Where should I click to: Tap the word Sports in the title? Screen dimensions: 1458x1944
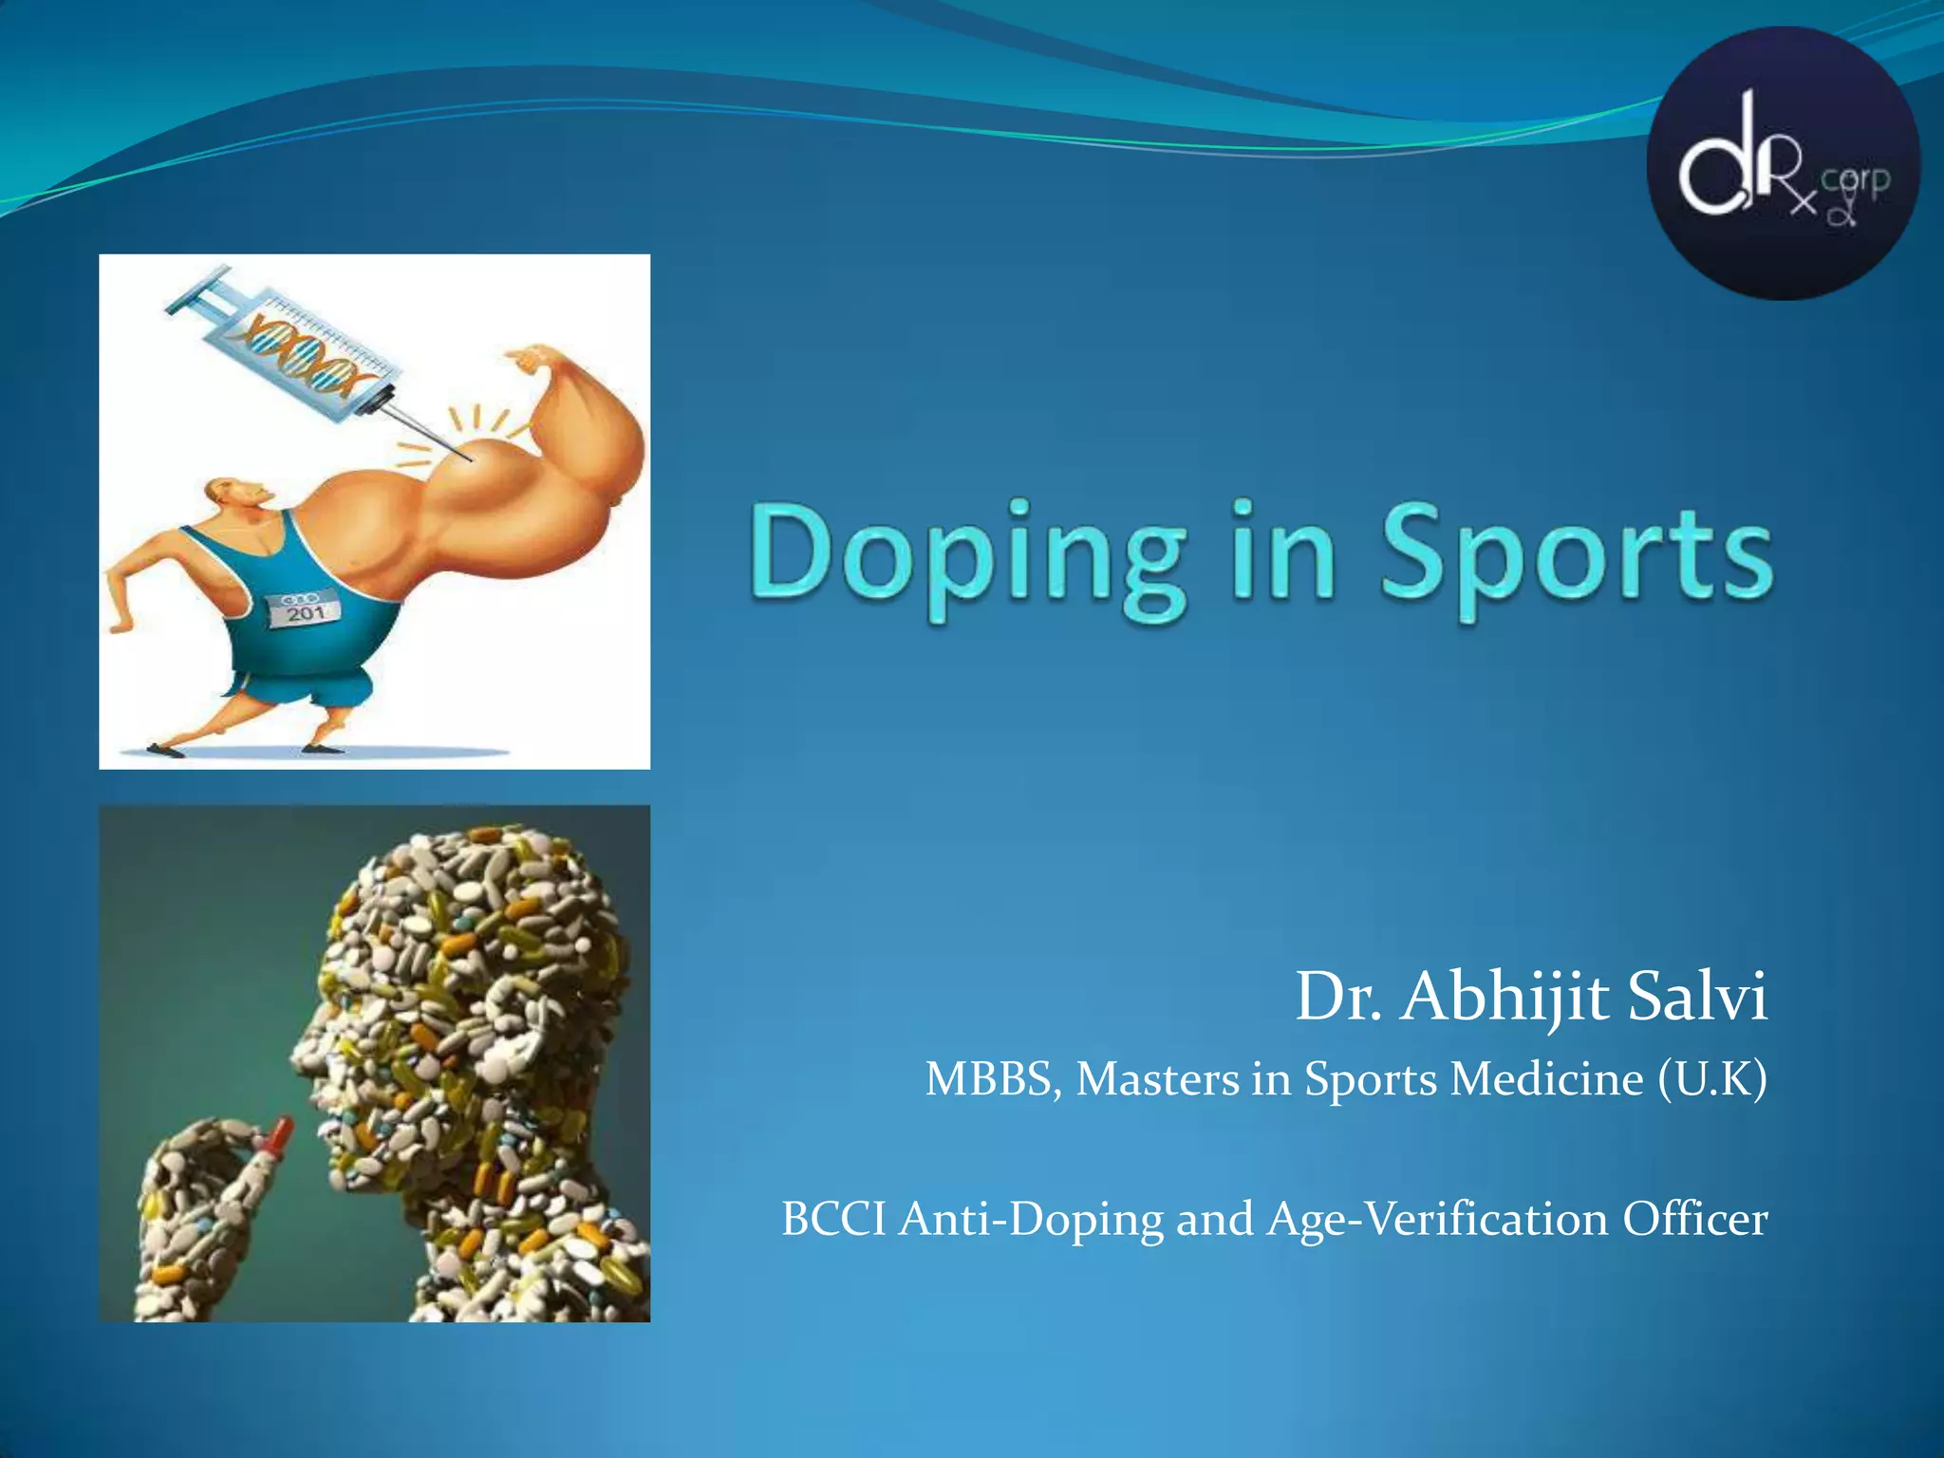[x=1576, y=555]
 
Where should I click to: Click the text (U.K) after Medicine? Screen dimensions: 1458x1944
[x=1712, y=1079]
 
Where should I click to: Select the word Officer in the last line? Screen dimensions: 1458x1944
[x=1694, y=1220]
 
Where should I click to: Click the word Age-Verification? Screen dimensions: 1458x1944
[x=1437, y=1220]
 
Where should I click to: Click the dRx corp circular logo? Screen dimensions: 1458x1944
[x=1783, y=163]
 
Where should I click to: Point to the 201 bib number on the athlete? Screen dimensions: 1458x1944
[x=306, y=612]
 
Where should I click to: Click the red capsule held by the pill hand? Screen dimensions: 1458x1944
[x=281, y=1133]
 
